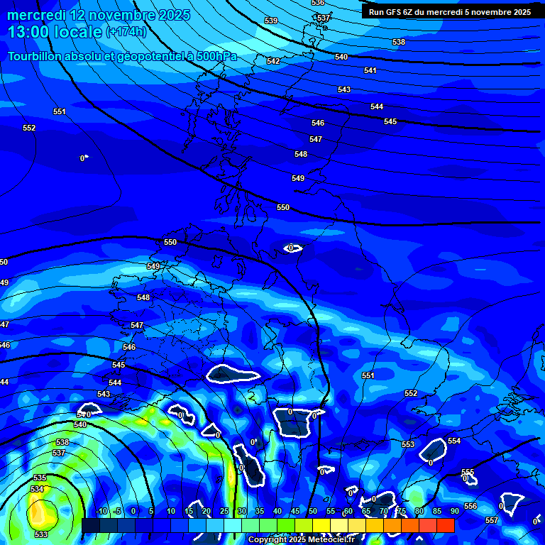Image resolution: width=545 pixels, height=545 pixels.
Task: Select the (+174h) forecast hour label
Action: tap(126, 32)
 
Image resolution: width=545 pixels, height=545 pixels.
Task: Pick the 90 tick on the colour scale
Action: tap(454, 511)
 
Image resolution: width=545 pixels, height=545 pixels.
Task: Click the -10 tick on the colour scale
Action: tap(101, 511)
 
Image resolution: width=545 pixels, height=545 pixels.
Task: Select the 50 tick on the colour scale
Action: tap(312, 511)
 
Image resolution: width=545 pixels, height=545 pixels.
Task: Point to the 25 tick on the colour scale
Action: tap(224, 511)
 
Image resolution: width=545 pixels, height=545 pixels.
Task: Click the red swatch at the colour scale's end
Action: tap(446, 525)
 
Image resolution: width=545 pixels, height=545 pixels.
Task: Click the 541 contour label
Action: tap(370, 70)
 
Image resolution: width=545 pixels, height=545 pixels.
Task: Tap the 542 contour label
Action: tap(273, 61)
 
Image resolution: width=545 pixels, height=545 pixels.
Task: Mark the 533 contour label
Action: tap(41, 534)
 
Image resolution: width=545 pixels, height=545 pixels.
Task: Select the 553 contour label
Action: tap(407, 444)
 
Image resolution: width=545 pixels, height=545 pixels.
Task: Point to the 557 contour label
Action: tap(492, 521)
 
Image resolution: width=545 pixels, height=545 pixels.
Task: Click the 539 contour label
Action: tap(271, 21)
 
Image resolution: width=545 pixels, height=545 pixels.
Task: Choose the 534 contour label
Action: tap(37, 490)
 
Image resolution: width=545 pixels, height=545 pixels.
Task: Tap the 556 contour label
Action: tap(470, 506)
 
